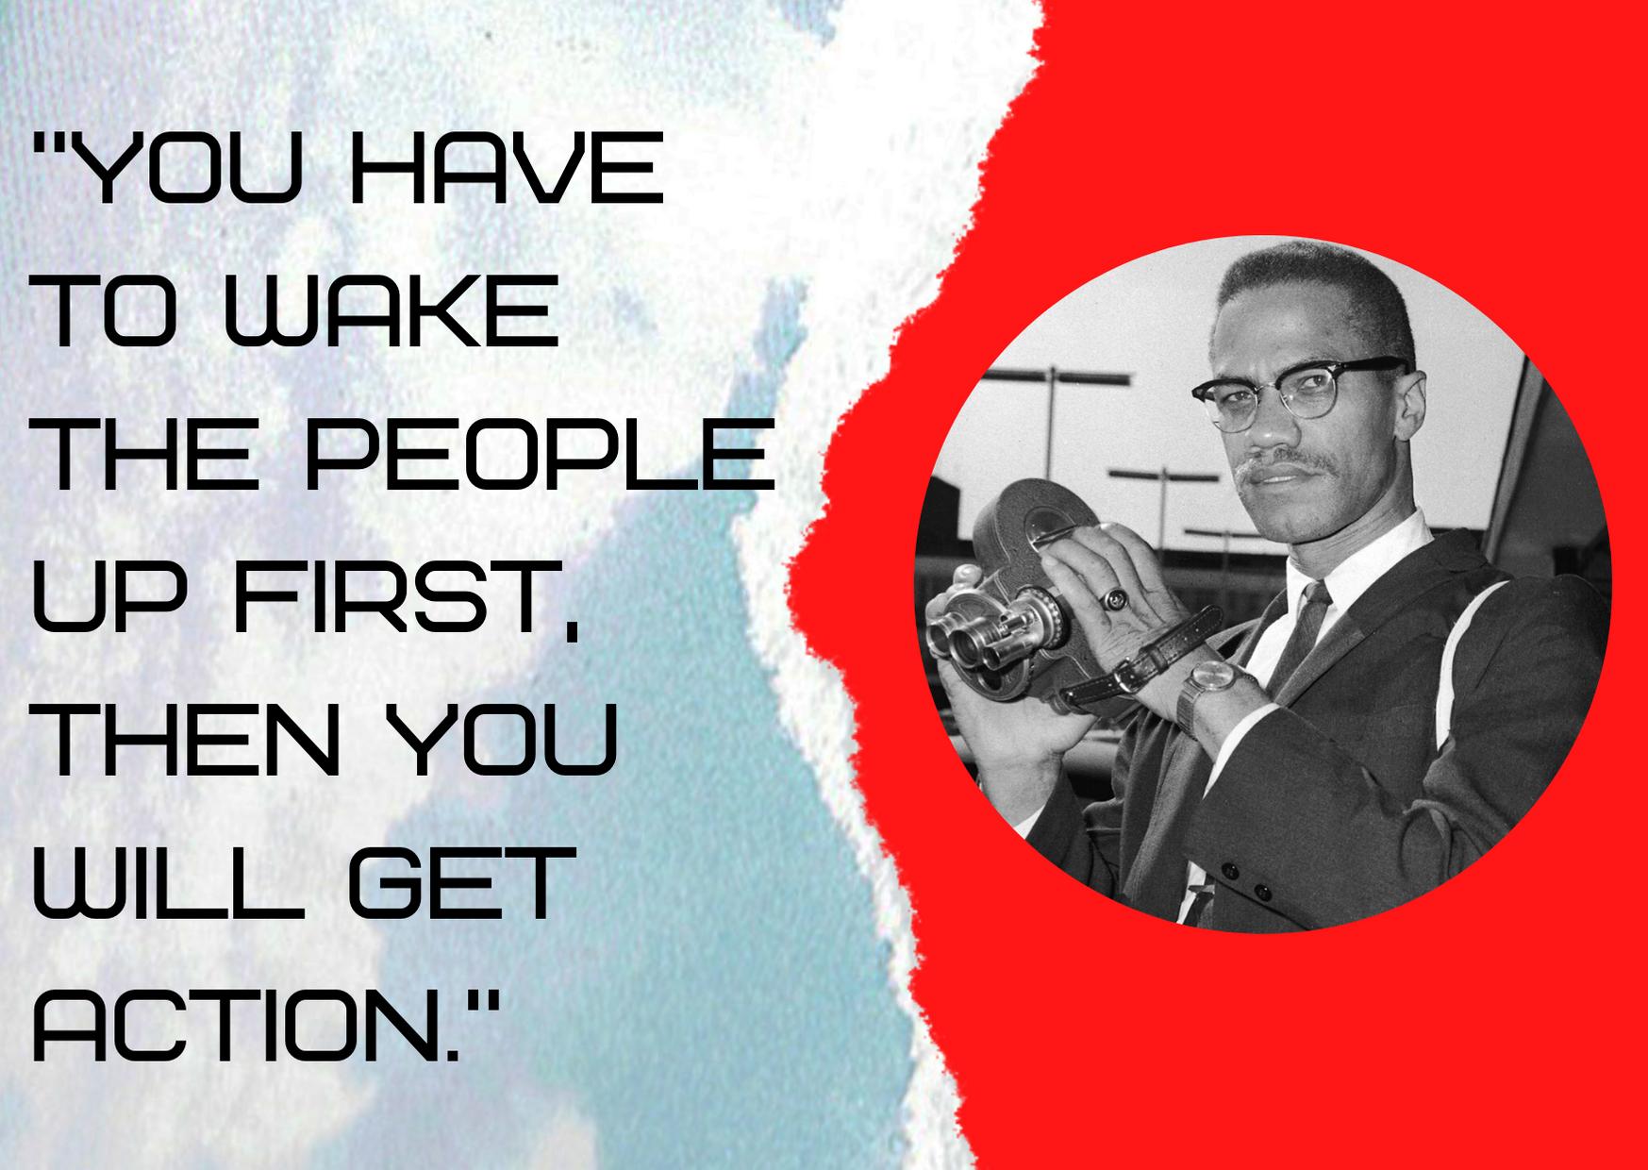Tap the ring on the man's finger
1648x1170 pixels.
[x=1115, y=597]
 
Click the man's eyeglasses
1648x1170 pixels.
[x=1297, y=384]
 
